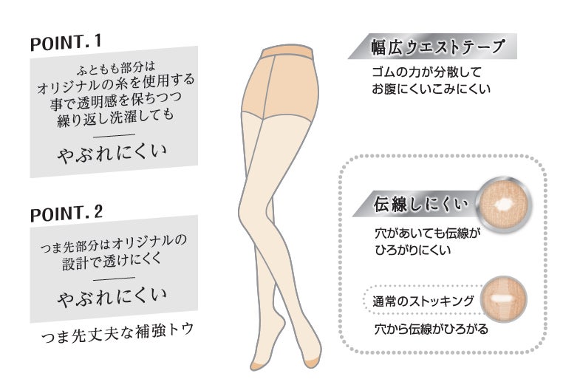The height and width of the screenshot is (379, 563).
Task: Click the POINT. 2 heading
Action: click(x=67, y=214)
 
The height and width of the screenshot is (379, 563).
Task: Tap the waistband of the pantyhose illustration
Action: click(x=289, y=53)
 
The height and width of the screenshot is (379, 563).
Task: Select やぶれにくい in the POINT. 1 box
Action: click(x=114, y=152)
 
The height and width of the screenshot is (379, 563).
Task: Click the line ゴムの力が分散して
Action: click(x=427, y=73)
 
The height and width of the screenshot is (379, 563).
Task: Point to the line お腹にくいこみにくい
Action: click(x=431, y=90)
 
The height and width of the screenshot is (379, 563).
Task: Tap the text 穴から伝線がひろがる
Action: click(x=431, y=328)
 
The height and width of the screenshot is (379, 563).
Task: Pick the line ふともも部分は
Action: click(x=115, y=70)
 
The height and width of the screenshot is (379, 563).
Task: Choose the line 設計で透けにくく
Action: click(x=115, y=258)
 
